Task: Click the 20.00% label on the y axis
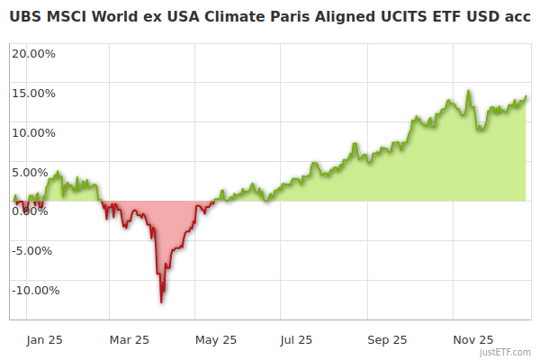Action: click(34, 53)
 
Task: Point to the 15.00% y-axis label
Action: click(34, 93)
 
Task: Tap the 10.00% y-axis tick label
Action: click(34, 132)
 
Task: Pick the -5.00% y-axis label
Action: click(35, 251)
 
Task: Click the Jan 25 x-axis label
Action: click(44, 340)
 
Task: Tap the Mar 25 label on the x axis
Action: click(129, 340)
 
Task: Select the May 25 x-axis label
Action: click(216, 340)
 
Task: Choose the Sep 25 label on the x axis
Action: click(388, 340)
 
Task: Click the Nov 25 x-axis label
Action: click(473, 340)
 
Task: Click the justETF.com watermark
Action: click(506, 353)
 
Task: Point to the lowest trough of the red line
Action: click(161, 301)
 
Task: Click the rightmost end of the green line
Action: click(526, 96)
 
